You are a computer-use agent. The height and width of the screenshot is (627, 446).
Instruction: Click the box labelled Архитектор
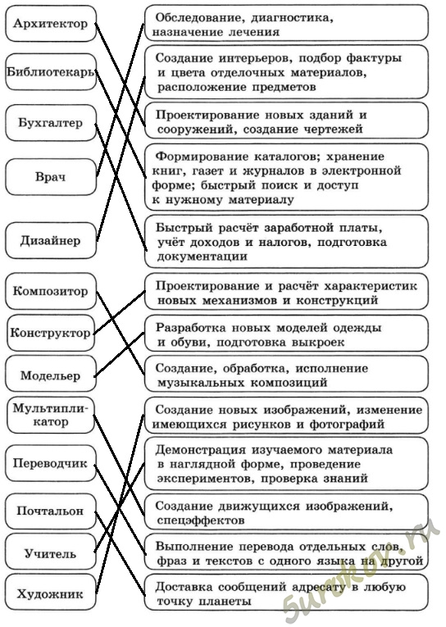(51, 24)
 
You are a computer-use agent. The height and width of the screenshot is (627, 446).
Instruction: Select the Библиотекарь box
(51, 72)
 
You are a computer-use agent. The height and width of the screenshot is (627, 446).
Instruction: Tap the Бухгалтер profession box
(51, 123)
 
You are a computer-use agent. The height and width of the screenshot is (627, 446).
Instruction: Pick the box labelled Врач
(51, 177)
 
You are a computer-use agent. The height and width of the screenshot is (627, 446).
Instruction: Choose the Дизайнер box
(51, 241)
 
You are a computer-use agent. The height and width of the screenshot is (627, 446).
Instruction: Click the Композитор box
(51, 291)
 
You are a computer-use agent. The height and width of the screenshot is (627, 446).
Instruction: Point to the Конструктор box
(51, 333)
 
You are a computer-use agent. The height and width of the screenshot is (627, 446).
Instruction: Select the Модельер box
(51, 375)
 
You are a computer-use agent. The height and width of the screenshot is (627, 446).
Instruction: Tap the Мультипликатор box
(51, 415)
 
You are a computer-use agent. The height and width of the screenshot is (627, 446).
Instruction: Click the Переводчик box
(51, 463)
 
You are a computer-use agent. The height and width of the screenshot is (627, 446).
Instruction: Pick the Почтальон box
(51, 511)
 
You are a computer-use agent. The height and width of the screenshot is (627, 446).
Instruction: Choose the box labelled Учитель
(51, 553)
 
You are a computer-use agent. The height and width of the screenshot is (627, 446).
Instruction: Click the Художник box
(51, 593)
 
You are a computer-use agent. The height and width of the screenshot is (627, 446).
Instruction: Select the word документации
(202, 257)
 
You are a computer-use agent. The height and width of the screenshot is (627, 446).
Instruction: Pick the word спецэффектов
(200, 520)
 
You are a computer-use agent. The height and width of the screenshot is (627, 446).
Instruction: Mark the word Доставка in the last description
(181, 587)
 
